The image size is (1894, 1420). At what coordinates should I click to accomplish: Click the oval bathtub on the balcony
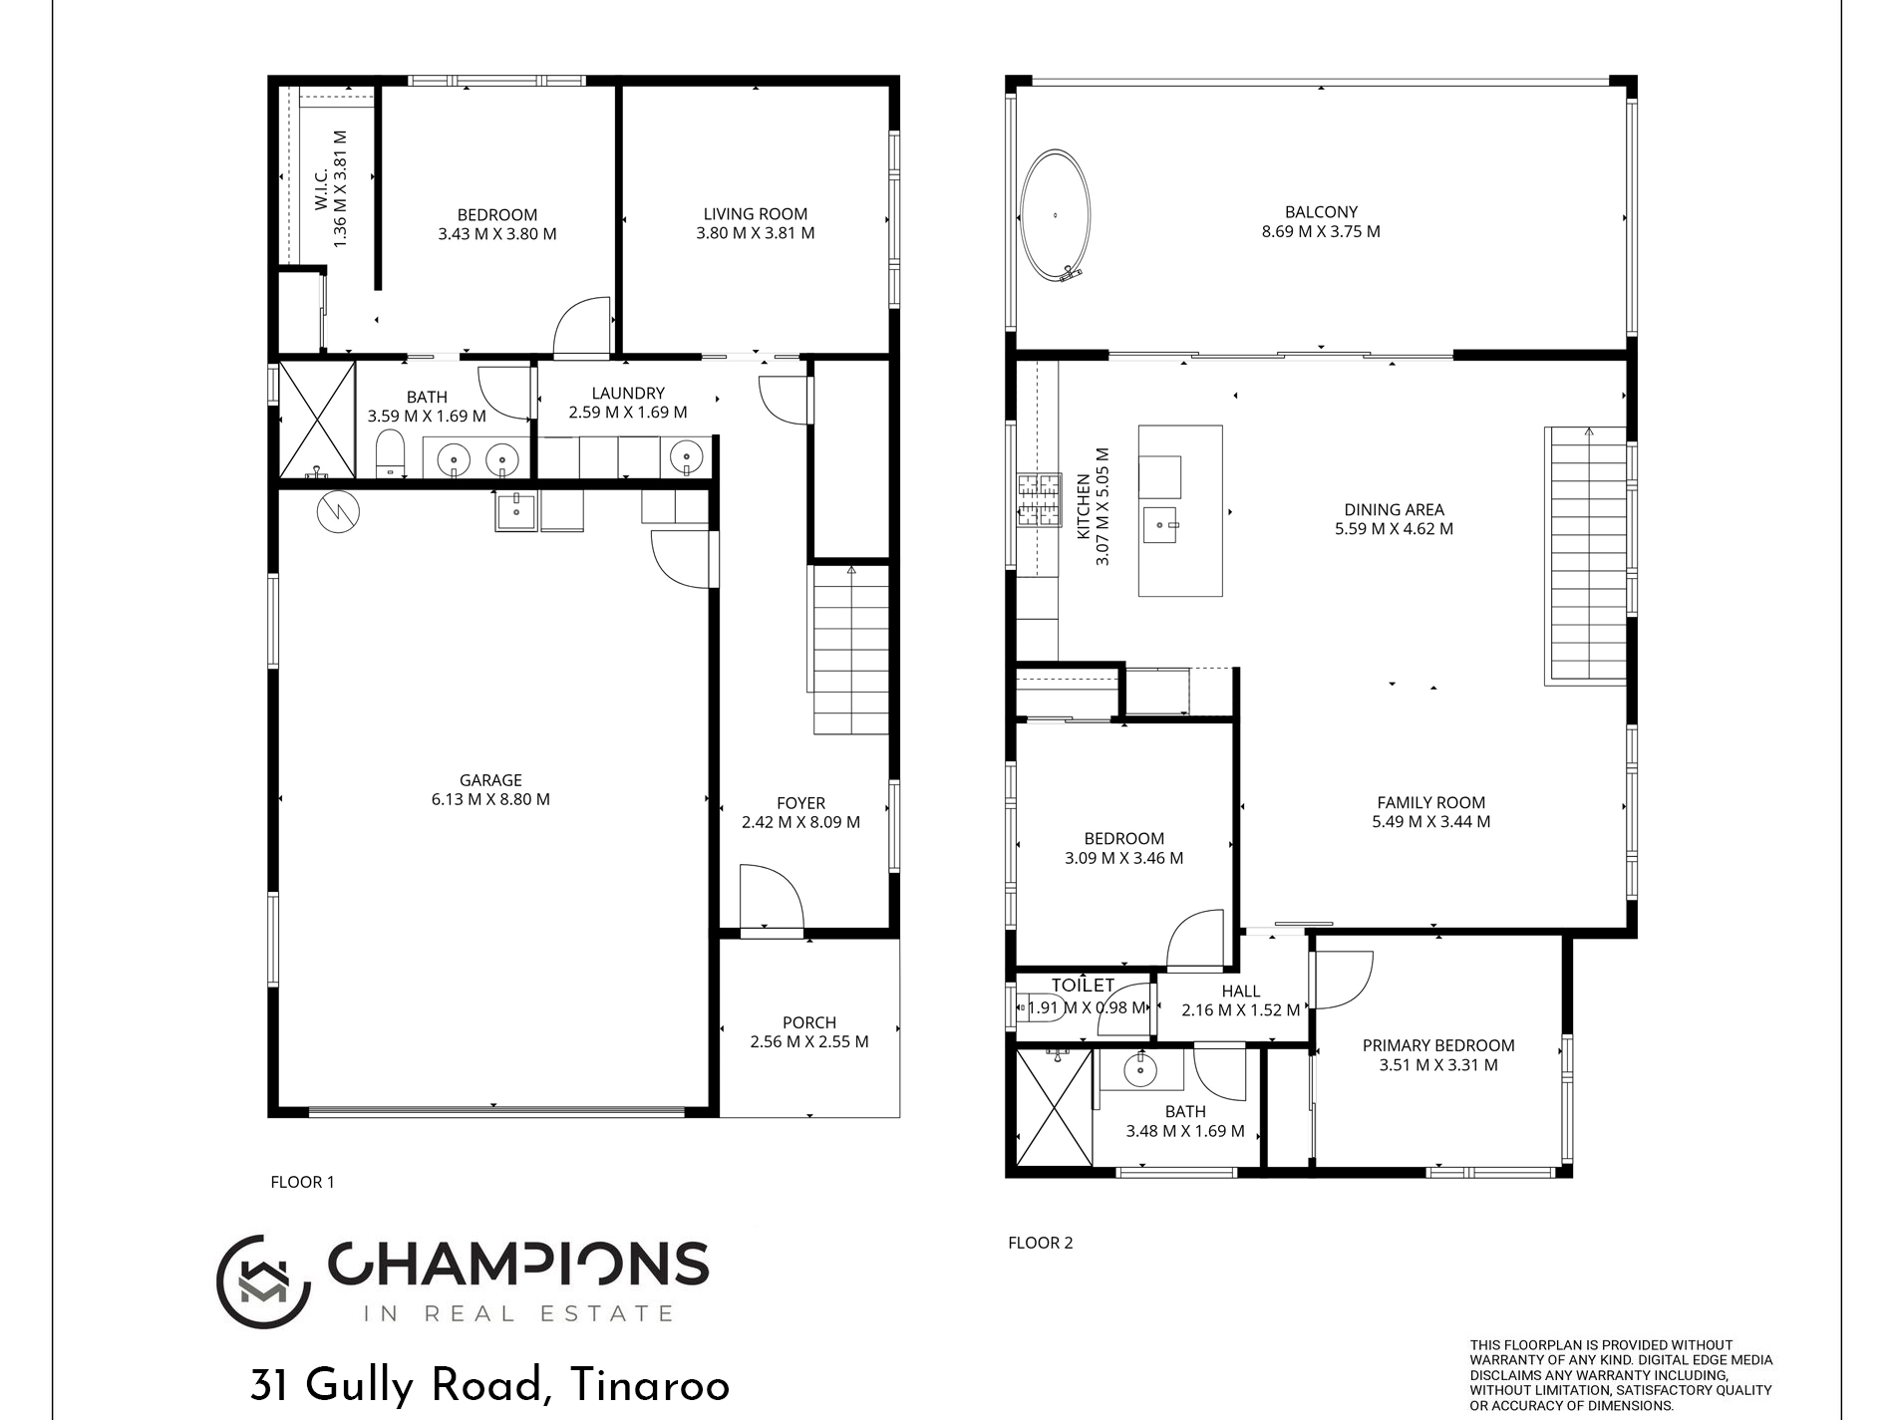tap(1055, 215)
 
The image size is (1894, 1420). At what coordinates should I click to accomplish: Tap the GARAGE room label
tap(490, 780)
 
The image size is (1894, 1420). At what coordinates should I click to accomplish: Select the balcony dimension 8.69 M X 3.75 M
tap(1320, 231)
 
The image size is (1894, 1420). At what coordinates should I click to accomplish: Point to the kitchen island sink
tap(1160, 523)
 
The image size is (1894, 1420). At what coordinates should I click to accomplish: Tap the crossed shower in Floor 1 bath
tap(316, 419)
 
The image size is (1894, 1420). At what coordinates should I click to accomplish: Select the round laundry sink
tap(686, 458)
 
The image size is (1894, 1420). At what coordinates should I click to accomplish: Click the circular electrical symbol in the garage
tap(338, 511)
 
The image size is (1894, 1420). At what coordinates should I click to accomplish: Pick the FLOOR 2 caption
tap(1040, 1243)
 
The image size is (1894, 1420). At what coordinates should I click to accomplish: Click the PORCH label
tap(808, 1022)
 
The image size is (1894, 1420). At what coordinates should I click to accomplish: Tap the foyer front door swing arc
tap(773, 897)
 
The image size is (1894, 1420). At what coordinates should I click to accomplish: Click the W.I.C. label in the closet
tap(321, 189)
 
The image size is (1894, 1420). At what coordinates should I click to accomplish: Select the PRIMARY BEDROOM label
tap(1437, 1045)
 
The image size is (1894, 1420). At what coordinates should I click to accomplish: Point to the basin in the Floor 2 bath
tap(1139, 1071)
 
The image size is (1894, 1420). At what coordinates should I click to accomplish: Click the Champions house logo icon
tap(261, 1281)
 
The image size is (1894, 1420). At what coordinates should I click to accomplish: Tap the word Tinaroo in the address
tap(650, 1386)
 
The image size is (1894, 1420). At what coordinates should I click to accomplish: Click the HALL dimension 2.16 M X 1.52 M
tap(1240, 1010)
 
